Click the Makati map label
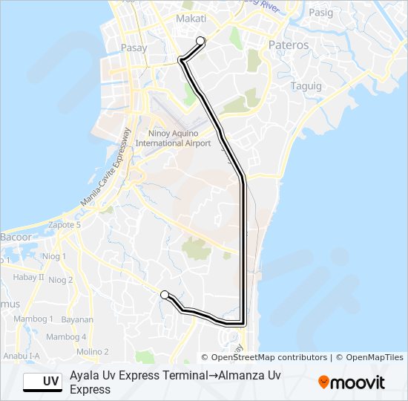(191, 19)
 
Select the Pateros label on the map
(289, 45)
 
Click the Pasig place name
(320, 13)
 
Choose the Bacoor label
(16, 238)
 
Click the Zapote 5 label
(63, 224)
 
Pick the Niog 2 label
(60, 280)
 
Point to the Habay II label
(30, 277)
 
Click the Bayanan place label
(77, 320)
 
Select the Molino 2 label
(93, 351)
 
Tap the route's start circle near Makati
(200, 41)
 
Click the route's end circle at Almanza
(164, 295)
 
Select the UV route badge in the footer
(42, 382)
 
